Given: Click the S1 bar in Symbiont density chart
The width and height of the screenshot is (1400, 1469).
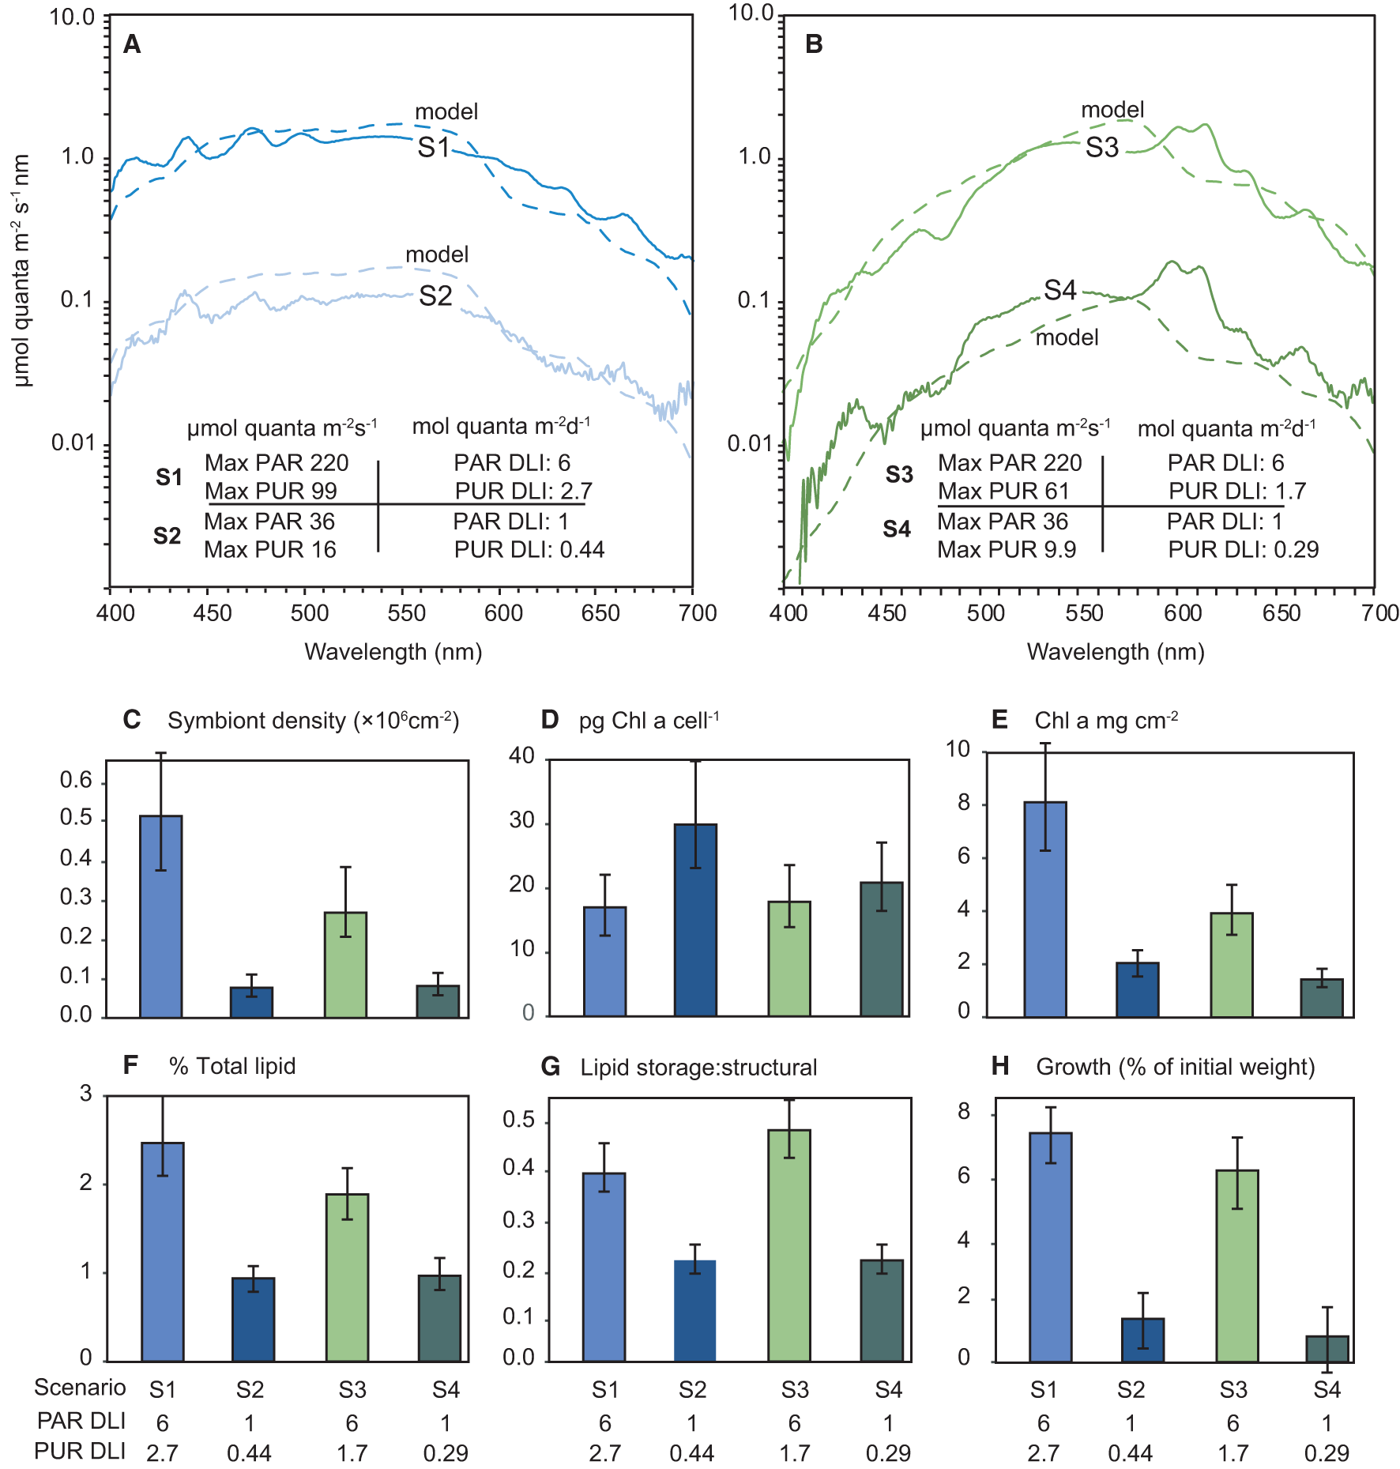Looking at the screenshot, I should [161, 916].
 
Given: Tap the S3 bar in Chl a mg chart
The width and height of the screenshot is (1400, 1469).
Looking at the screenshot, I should [1231, 964].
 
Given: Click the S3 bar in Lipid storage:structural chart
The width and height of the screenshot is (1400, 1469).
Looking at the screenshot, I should [788, 1245].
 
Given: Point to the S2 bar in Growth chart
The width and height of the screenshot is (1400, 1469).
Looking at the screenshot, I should [1142, 1339].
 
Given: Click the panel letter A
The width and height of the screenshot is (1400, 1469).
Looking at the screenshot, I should [132, 45].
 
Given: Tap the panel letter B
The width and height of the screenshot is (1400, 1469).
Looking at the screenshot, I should [814, 44].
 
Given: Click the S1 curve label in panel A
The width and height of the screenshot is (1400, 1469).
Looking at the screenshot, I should [434, 147].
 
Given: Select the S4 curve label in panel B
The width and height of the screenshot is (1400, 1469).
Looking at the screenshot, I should [1060, 291].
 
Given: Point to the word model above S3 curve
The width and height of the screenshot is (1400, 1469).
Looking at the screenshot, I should [1112, 110].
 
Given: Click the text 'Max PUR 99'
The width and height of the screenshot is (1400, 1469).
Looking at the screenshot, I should [270, 492].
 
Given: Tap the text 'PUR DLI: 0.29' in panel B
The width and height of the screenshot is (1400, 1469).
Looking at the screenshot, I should [1244, 549].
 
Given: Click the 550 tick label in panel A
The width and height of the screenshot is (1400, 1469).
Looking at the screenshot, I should [407, 613].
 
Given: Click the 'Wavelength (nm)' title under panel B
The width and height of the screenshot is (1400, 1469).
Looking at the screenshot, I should [1116, 652].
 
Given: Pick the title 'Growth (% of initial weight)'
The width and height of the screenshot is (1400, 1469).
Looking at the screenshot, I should [1176, 1067].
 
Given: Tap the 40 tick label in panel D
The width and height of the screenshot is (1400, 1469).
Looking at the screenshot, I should [521, 756].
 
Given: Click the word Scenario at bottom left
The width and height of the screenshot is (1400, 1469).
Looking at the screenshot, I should [80, 1388].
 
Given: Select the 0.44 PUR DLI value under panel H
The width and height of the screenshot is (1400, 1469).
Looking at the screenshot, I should [1130, 1452].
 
